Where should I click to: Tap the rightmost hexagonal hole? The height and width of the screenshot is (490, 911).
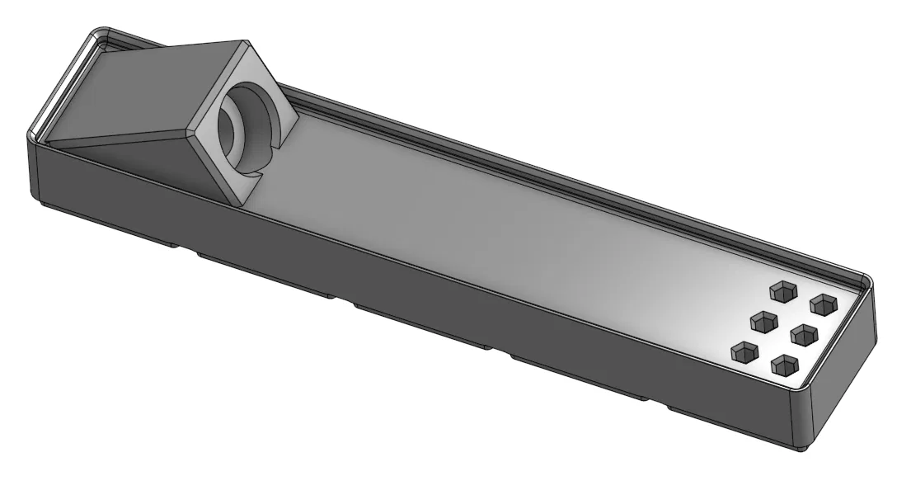(x=823, y=304)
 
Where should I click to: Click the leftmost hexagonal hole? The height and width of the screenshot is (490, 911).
(x=744, y=352)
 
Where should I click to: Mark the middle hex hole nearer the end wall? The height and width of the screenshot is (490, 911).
(x=803, y=335)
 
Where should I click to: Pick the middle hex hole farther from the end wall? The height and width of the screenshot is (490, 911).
(x=763, y=320)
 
